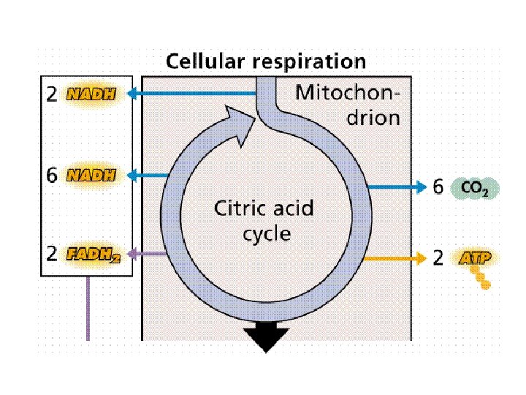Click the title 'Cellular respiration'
point(265,61)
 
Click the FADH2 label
point(93,255)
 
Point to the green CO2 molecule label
point(475,189)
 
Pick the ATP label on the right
point(475,257)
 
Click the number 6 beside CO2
point(438,188)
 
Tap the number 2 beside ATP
point(438,258)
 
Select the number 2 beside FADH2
point(52,255)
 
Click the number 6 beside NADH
point(52,175)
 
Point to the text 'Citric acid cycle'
point(262,221)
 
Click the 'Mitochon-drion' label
point(348,105)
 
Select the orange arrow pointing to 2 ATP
point(394,258)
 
